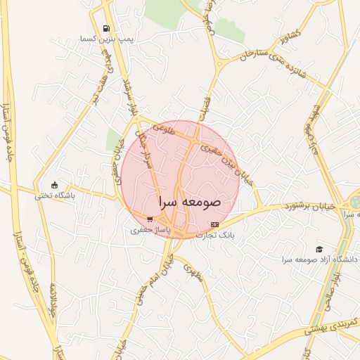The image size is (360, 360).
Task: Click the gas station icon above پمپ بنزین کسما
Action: coord(106,29)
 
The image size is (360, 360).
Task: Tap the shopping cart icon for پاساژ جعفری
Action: coord(149,219)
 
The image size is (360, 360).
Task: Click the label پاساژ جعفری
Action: coord(149,229)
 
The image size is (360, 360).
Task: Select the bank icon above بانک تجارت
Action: coord(214,224)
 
